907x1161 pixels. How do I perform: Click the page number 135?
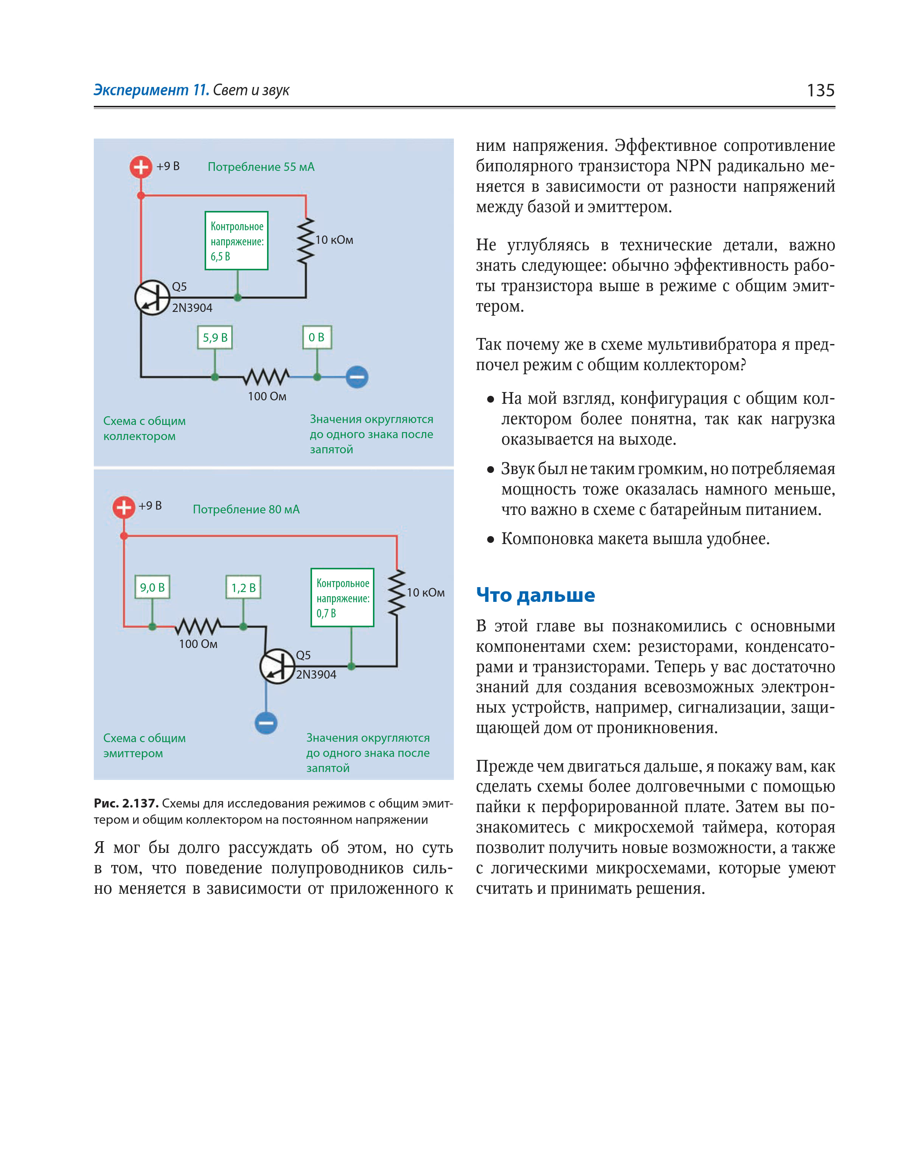click(x=820, y=90)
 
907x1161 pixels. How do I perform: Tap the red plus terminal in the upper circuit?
click(x=140, y=167)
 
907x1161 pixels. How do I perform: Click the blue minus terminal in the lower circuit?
click(x=266, y=723)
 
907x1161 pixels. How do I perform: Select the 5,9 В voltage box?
click(x=215, y=338)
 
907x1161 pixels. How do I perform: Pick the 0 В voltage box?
click(x=317, y=338)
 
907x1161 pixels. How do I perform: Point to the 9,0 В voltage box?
click(x=152, y=587)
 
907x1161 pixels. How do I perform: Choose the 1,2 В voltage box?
click(x=243, y=587)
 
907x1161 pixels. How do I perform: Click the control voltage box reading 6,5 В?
click(x=237, y=241)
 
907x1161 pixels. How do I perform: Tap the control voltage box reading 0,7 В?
click(x=343, y=597)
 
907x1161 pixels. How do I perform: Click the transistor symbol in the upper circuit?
click(x=152, y=298)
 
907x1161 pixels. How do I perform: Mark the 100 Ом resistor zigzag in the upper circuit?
click(x=267, y=377)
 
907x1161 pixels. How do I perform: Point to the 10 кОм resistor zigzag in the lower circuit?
click(x=396, y=593)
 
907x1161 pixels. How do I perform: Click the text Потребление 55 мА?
click(x=261, y=167)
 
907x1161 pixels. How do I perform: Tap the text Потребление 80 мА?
click(x=246, y=509)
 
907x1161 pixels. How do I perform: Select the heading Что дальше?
click(x=535, y=595)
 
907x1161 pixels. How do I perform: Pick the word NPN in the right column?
click(x=693, y=166)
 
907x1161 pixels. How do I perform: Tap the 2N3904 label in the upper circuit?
click(x=192, y=308)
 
